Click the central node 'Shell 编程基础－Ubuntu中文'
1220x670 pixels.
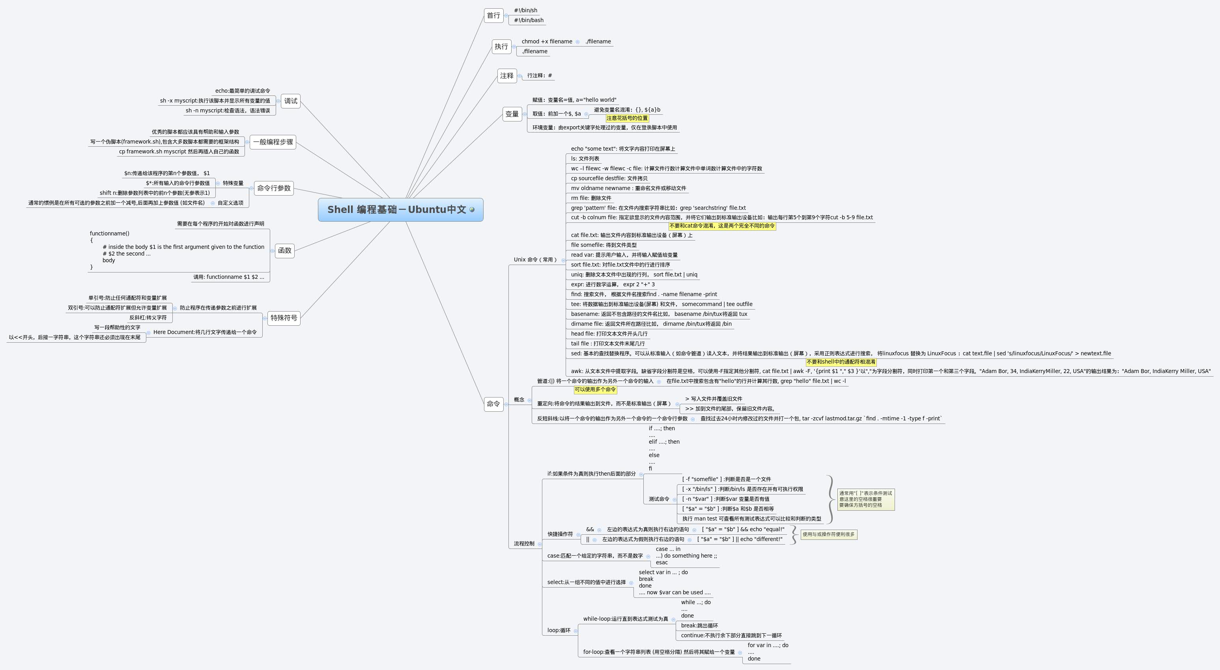pyautogui.click(x=397, y=210)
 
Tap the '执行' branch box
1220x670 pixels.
pyautogui.click(x=501, y=47)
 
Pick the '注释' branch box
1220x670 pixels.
pyautogui.click(x=506, y=76)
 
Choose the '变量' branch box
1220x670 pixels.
pyautogui.click(x=512, y=114)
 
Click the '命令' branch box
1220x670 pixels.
pyautogui.click(x=493, y=404)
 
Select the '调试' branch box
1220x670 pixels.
pyautogui.click(x=290, y=101)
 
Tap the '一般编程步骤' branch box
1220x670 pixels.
pyautogui.click(x=273, y=142)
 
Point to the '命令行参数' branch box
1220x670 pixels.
pyautogui.click(x=274, y=188)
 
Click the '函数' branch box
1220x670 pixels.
pyautogui.click(x=285, y=250)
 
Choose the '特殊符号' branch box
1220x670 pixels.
pyautogui.click(x=284, y=318)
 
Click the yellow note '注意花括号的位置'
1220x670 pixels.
pyautogui.click(x=627, y=118)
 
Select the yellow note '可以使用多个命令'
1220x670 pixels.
pyautogui.click(x=595, y=390)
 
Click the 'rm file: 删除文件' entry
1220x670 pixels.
pyautogui.click(x=590, y=198)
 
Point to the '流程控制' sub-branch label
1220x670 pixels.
pyautogui.click(x=524, y=543)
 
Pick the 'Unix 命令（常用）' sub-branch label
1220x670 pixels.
pyautogui.click(x=535, y=260)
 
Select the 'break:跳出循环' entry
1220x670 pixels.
pyautogui.click(x=699, y=625)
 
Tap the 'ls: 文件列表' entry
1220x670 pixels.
pyautogui.click(x=585, y=159)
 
